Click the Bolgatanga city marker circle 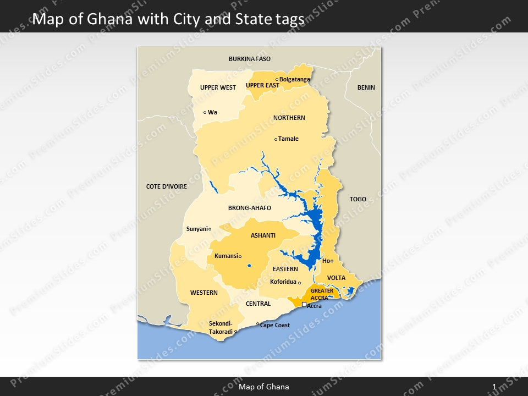pyautogui.click(x=277, y=79)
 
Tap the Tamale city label pyautogui.click(x=289, y=139)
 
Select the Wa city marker pyautogui.click(x=205, y=112)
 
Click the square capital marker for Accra pyautogui.click(x=304, y=304)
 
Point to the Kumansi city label pyautogui.click(x=226, y=256)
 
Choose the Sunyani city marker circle pyautogui.click(x=210, y=229)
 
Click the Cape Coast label pyautogui.click(x=275, y=325)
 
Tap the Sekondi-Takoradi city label pyautogui.click(x=221, y=328)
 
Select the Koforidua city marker pyautogui.click(x=300, y=283)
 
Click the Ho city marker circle pyautogui.click(x=332, y=261)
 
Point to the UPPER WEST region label pyautogui.click(x=218, y=87)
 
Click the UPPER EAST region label pyautogui.click(x=262, y=85)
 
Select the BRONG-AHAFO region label pyautogui.click(x=250, y=208)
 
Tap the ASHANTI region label pyautogui.click(x=263, y=235)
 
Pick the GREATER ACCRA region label pyautogui.click(x=322, y=294)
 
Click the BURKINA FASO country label pyautogui.click(x=250, y=59)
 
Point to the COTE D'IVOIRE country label pyautogui.click(x=167, y=186)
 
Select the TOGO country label pyautogui.click(x=358, y=199)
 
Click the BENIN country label pyautogui.click(x=366, y=87)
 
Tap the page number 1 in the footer pyautogui.click(x=494, y=387)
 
